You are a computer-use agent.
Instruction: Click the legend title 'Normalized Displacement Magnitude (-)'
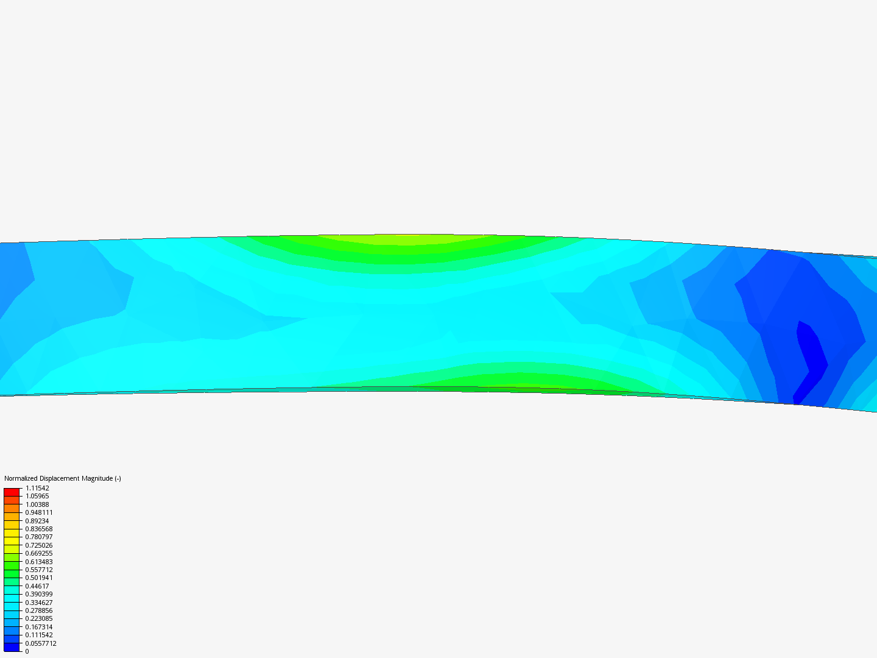[62, 478]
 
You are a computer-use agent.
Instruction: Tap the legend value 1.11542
[37, 488]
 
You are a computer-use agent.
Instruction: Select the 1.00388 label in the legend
[37, 504]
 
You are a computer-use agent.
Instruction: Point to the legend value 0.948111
[39, 512]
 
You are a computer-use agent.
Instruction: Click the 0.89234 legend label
[37, 521]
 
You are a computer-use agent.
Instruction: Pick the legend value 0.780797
[39, 537]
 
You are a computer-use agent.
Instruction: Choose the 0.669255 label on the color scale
[39, 553]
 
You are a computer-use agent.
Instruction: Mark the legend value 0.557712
[39, 570]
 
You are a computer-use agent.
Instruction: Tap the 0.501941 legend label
[39, 578]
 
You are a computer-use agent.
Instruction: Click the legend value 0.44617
[37, 586]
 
